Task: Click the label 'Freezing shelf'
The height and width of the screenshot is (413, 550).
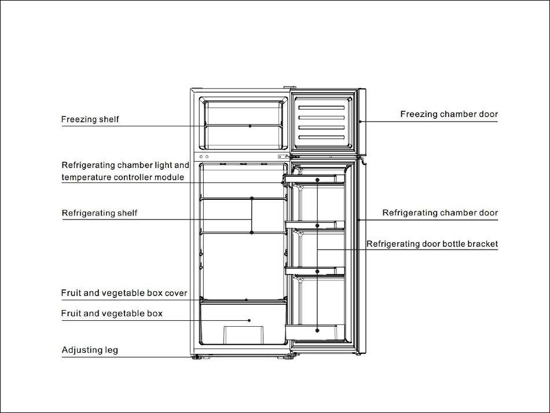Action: pos(90,119)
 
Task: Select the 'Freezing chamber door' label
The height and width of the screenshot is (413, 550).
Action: pos(449,114)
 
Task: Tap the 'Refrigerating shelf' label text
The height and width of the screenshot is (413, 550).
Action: pos(100,213)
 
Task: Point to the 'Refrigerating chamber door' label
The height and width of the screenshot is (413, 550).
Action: pos(440,213)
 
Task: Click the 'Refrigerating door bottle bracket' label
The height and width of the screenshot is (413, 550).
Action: pos(432,244)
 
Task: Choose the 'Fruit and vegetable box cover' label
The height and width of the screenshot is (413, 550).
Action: pos(124,293)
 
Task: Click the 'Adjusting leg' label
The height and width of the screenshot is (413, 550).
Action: pos(90,350)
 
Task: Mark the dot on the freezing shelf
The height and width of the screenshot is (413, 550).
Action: pos(250,126)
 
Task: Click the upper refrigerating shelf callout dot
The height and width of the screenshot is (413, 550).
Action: pos(252,198)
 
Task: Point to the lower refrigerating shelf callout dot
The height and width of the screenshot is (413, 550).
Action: pos(252,232)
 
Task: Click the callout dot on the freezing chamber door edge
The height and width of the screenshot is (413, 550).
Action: pos(360,122)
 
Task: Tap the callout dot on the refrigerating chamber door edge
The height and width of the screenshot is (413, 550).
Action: pos(360,221)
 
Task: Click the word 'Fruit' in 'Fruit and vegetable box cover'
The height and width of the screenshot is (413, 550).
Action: pos(71,293)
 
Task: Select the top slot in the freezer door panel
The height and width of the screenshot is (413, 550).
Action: pos(321,108)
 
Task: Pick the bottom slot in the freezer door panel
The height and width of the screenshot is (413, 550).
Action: pos(321,137)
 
